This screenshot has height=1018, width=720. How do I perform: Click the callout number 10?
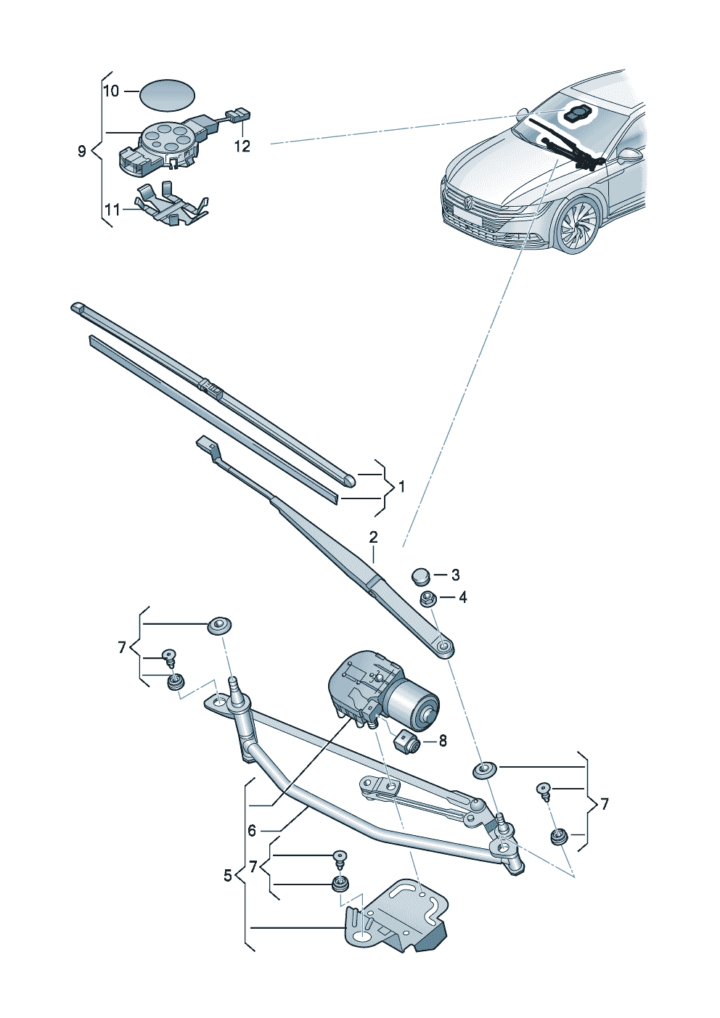[111, 91]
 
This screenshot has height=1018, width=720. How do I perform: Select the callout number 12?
[242, 147]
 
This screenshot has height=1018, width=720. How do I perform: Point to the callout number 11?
[112, 210]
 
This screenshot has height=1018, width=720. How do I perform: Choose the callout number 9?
[82, 151]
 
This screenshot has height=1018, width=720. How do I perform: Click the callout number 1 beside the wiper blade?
[401, 487]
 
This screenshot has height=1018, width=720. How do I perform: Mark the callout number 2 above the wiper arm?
[373, 538]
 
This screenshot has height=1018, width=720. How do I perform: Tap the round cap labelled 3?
[420, 576]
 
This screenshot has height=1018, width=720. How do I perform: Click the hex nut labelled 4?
[427, 599]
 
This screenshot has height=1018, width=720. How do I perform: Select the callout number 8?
[443, 741]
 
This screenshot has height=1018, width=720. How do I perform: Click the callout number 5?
[228, 876]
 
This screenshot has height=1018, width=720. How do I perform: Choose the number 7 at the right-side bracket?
[605, 804]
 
